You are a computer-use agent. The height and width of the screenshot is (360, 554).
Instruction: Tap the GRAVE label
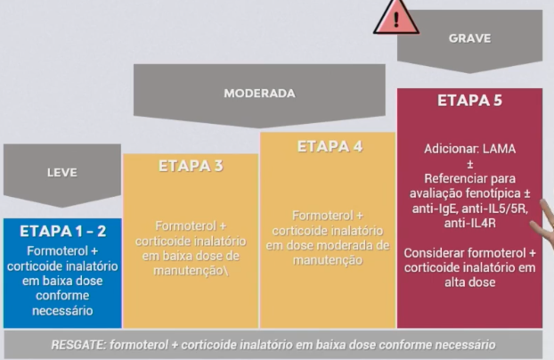tap(469, 38)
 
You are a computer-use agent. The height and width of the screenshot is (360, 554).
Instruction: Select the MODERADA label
tap(259, 93)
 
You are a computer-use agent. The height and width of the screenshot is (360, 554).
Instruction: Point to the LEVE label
tap(61, 173)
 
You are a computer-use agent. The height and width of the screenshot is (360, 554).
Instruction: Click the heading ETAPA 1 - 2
tap(62, 232)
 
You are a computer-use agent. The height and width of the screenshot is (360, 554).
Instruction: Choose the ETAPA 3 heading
tap(190, 166)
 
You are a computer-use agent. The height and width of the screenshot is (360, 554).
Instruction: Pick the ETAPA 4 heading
tap(329, 146)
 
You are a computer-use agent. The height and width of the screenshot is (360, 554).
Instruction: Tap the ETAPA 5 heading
tap(469, 101)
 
